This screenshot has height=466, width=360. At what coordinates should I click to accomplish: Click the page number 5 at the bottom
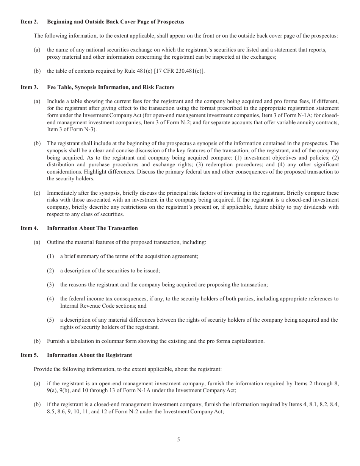tap(178, 440)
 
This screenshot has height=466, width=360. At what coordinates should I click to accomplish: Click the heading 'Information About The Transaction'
tap(92, 228)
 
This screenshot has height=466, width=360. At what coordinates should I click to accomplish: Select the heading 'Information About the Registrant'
tap(89, 355)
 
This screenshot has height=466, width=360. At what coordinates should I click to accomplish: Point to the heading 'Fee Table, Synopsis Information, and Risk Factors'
tap(111, 88)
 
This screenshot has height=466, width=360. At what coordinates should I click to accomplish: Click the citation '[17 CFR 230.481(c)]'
tap(180, 71)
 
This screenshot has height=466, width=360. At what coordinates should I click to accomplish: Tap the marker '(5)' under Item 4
tap(50, 320)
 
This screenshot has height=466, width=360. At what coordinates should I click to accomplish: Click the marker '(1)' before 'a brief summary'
tap(50, 256)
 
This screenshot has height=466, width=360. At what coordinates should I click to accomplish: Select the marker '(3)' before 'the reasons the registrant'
tap(50, 285)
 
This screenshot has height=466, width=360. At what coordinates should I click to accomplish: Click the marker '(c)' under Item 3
tap(37, 193)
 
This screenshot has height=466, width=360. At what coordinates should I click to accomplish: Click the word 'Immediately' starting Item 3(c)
tap(62, 193)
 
